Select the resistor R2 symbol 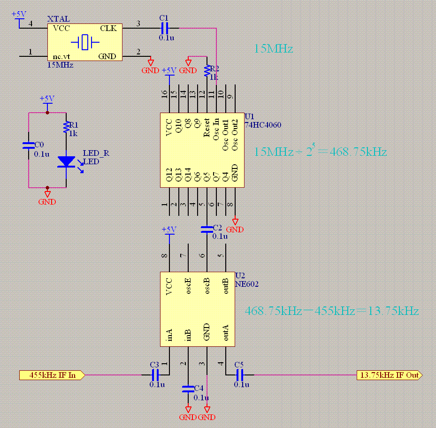point(207,71)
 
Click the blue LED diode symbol point(66,162)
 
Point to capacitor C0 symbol point(29,146)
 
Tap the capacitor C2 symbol point(207,229)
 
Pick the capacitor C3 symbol point(155,375)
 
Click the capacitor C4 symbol point(188,389)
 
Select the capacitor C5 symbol point(239,375)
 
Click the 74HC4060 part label point(263,125)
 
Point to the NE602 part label point(247,284)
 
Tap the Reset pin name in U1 point(207,128)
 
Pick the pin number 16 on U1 point(164,94)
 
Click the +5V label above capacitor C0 point(47,99)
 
